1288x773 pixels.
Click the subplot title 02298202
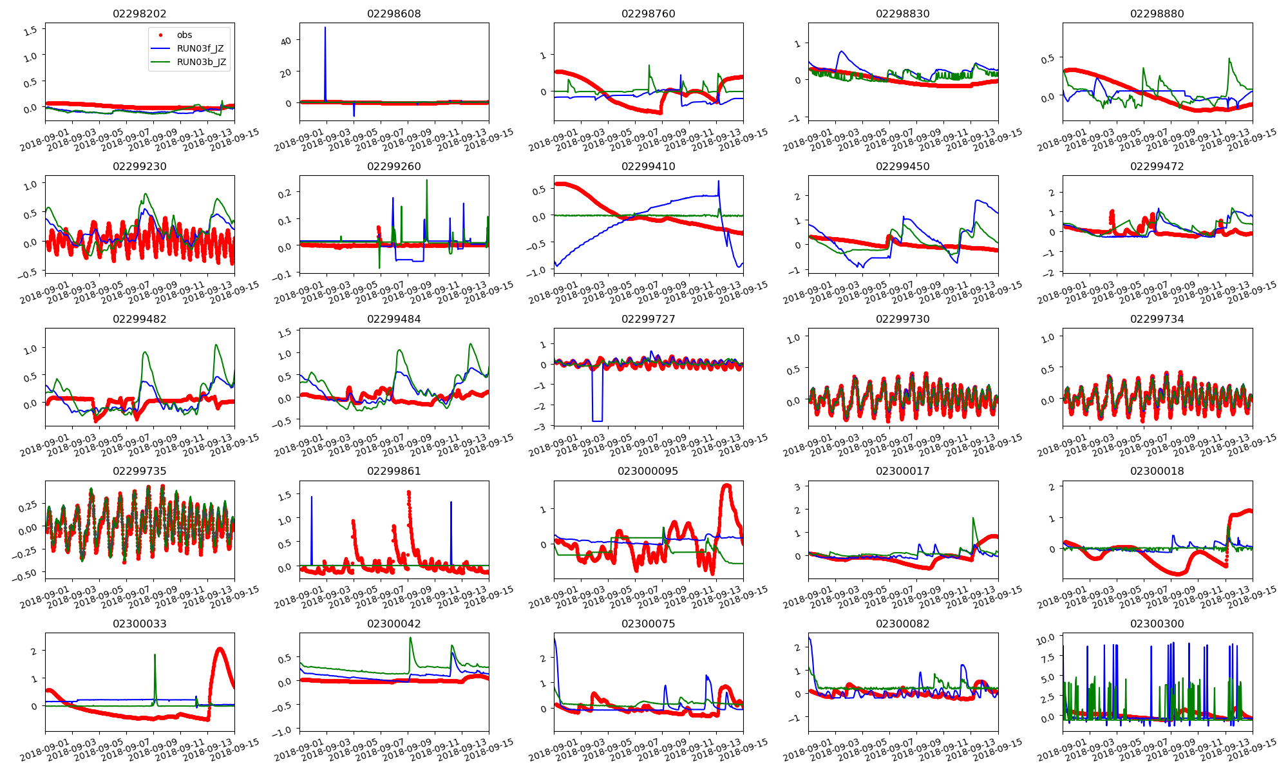point(139,14)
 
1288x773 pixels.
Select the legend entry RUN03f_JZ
point(200,48)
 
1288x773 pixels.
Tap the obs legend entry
point(184,35)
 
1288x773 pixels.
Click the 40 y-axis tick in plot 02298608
point(286,41)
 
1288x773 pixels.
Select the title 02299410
point(648,166)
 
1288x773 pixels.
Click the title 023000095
point(648,471)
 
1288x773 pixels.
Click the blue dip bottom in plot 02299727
point(597,421)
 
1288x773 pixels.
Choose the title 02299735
point(139,471)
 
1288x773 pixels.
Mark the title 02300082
point(902,624)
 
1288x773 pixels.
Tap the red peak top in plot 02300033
point(220,649)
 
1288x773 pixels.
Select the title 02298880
point(1157,14)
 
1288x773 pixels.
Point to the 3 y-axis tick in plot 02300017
point(797,487)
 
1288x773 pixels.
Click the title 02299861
point(393,471)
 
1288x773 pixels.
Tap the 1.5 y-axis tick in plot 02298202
point(30,30)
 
